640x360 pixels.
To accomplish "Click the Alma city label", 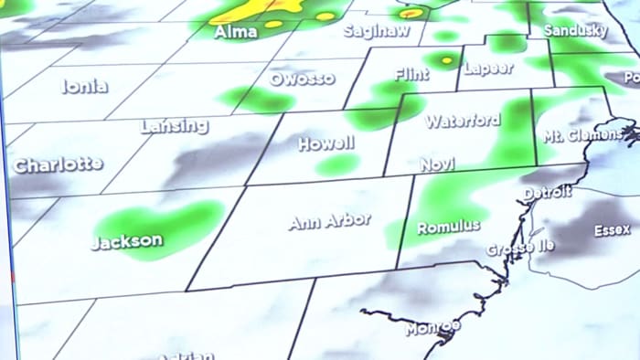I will [234, 33].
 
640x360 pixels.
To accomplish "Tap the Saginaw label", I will [375, 31].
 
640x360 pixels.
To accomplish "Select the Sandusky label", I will [575, 31].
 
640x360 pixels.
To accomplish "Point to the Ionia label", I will [85, 87].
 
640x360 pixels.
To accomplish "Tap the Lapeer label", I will [488, 69].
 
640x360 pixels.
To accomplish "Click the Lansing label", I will [174, 126].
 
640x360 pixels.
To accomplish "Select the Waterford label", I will [463, 121].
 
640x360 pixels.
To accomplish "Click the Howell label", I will [325, 144].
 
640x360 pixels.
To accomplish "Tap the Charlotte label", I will [57, 165].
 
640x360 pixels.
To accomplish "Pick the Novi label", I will [437, 164].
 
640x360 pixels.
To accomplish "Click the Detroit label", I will [548, 192].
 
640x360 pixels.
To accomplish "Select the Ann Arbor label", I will [329, 221].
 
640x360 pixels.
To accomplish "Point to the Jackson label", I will [127, 242].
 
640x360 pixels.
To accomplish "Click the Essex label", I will [612, 230].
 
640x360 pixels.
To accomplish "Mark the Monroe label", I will [432, 327].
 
